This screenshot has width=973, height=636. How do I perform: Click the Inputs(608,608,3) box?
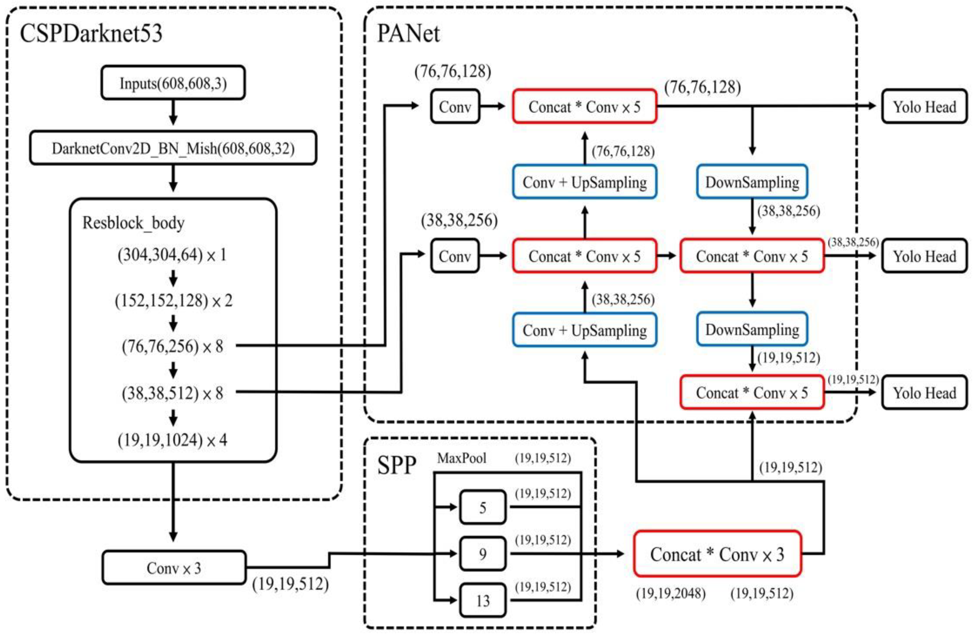[173, 83]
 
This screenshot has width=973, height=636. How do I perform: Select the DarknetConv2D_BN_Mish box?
[173, 148]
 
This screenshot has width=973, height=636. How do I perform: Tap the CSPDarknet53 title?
[91, 34]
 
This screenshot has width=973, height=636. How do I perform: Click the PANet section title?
[408, 34]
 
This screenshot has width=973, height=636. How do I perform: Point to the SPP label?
[396, 465]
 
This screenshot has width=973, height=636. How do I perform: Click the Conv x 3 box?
[174, 568]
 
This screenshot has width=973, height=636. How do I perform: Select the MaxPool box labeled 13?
[483, 600]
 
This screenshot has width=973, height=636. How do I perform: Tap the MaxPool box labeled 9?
[483, 554]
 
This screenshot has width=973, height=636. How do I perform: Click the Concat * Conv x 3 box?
[717, 554]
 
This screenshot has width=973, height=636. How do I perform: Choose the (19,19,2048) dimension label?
[671, 593]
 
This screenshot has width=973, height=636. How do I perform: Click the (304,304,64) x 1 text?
[172, 255]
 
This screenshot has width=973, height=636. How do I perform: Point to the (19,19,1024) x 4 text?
[172, 440]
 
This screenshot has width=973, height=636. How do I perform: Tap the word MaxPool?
[462, 458]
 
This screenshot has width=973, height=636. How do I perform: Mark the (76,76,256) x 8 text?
[172, 346]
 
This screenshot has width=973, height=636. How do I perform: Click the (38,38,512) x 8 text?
[172, 393]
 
